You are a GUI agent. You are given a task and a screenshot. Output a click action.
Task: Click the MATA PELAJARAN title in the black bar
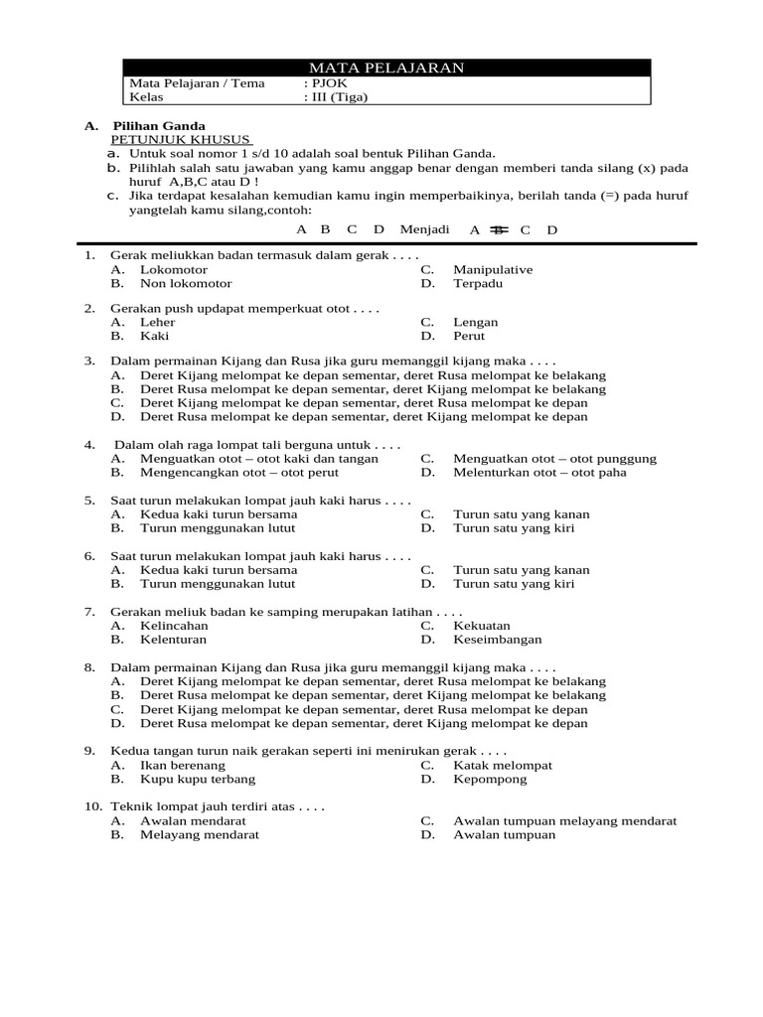point(386,68)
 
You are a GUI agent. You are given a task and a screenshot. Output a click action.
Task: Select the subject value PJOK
point(325,83)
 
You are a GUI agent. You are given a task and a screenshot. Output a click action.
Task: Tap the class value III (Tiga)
point(337,97)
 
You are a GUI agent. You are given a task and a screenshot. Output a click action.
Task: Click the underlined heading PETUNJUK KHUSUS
point(181,140)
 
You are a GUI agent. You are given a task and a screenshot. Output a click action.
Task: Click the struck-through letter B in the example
point(499,230)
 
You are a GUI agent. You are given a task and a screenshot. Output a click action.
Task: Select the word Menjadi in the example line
point(424,229)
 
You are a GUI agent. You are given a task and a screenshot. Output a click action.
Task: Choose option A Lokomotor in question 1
point(174,269)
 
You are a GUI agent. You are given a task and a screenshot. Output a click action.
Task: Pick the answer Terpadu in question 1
point(478,283)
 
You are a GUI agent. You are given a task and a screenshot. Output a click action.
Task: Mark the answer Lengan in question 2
point(476,322)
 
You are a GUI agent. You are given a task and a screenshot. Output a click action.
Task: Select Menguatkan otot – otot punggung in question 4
point(554,459)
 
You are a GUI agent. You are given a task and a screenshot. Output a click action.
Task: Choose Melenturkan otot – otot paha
point(539,473)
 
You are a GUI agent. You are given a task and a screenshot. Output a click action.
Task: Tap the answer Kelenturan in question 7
point(173,640)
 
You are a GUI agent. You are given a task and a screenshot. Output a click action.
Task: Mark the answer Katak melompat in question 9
point(503,765)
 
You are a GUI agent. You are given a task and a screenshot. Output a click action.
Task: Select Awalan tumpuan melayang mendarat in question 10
point(564,821)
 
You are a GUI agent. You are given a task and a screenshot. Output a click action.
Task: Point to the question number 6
point(89,556)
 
